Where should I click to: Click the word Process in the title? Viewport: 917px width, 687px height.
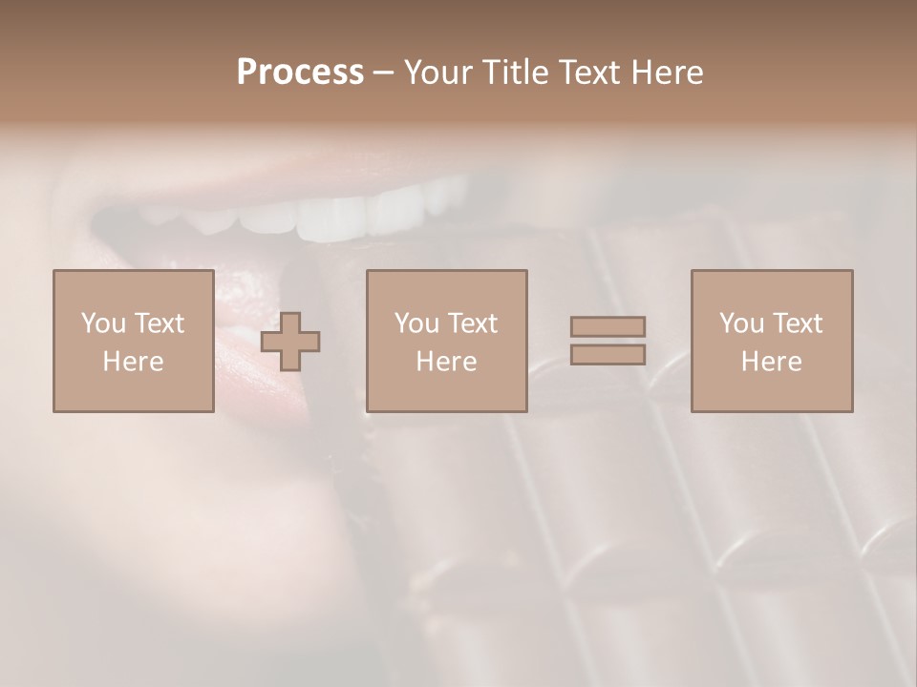(x=300, y=73)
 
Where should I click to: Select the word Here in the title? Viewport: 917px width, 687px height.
(x=666, y=73)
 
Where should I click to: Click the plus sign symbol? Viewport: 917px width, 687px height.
(x=291, y=343)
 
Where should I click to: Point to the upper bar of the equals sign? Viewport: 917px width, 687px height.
(x=608, y=327)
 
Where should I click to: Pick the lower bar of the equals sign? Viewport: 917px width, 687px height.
(x=608, y=354)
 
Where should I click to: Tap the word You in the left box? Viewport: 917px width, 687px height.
(x=102, y=323)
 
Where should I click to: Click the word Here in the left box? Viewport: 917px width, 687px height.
(x=133, y=362)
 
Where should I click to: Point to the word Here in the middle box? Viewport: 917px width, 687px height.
(x=446, y=362)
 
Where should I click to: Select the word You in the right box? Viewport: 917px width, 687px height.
(x=741, y=323)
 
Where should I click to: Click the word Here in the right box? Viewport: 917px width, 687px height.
(x=771, y=362)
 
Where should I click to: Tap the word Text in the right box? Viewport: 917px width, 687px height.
(x=797, y=323)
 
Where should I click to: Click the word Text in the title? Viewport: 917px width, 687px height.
(x=590, y=73)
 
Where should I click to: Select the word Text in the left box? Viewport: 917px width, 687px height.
(x=159, y=323)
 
